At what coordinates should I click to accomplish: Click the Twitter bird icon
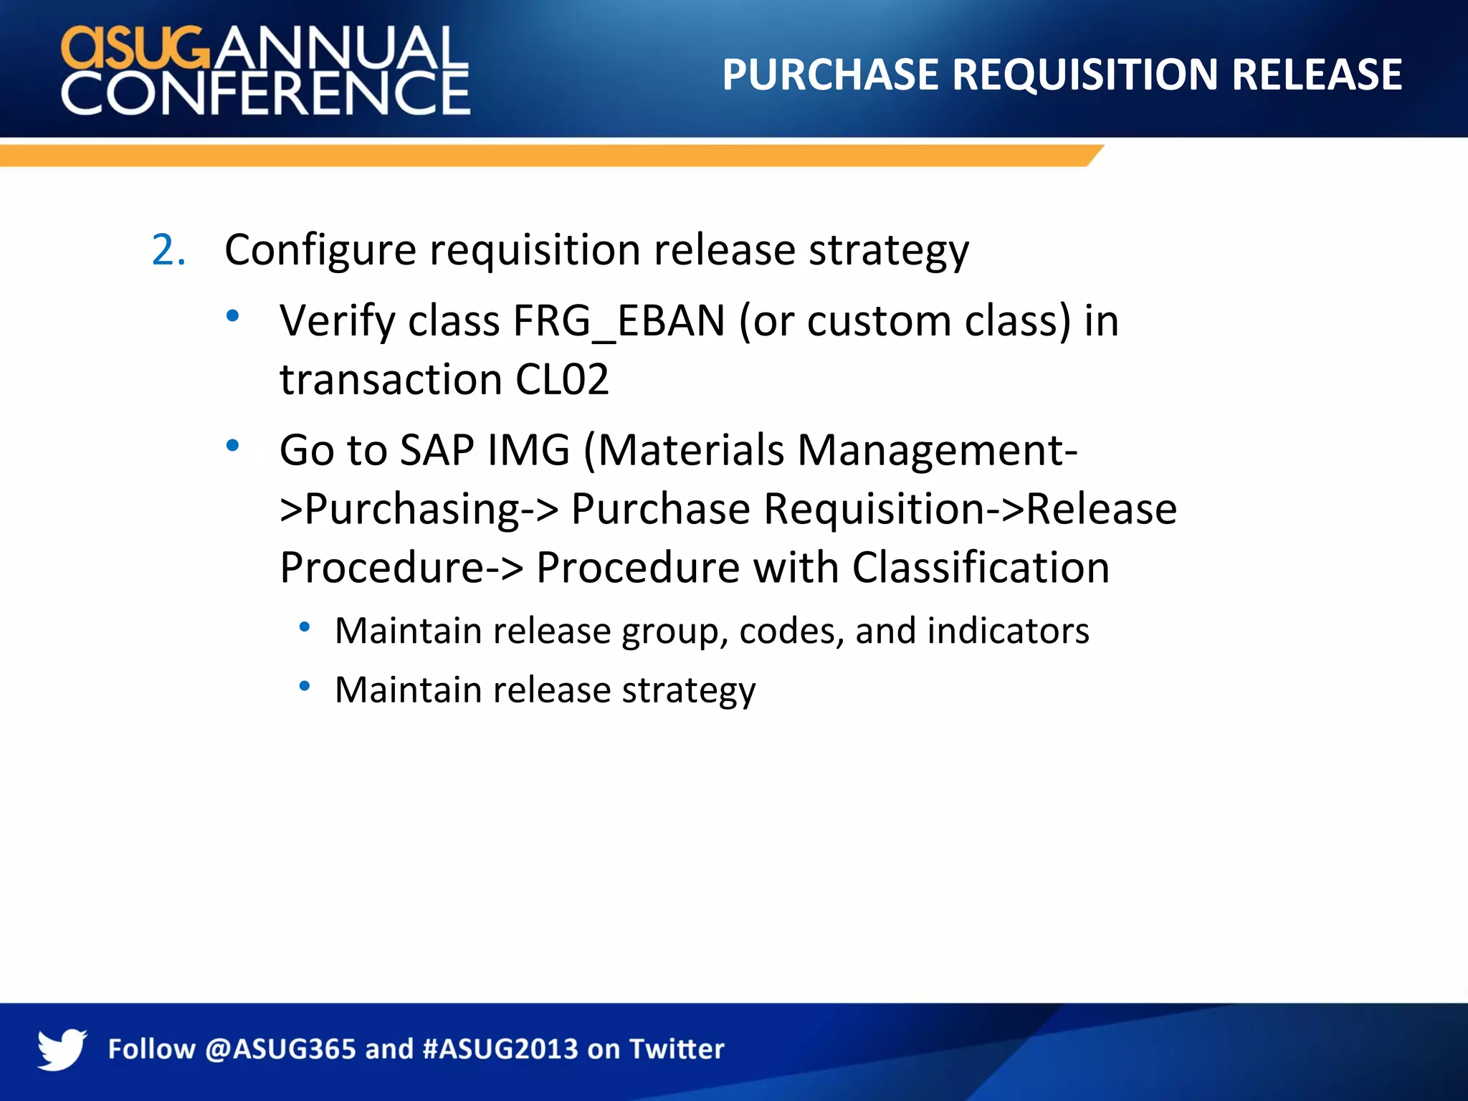[62, 1049]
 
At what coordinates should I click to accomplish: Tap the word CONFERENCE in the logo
[265, 94]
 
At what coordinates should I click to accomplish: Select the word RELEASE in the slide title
[1316, 75]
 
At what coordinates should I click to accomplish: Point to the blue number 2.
[168, 251]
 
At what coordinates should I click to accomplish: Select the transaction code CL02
[562, 379]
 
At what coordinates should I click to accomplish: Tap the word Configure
[320, 251]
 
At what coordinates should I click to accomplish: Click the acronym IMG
[528, 451]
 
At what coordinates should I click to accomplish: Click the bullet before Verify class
[232, 315]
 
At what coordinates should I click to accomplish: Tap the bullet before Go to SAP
[232, 446]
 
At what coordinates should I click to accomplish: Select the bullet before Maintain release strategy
[305, 687]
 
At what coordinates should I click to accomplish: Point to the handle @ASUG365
[280, 1049]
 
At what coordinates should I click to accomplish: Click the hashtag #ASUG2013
[500, 1049]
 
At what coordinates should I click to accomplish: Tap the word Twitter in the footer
[677, 1049]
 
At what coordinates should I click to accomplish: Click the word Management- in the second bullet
[937, 451]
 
